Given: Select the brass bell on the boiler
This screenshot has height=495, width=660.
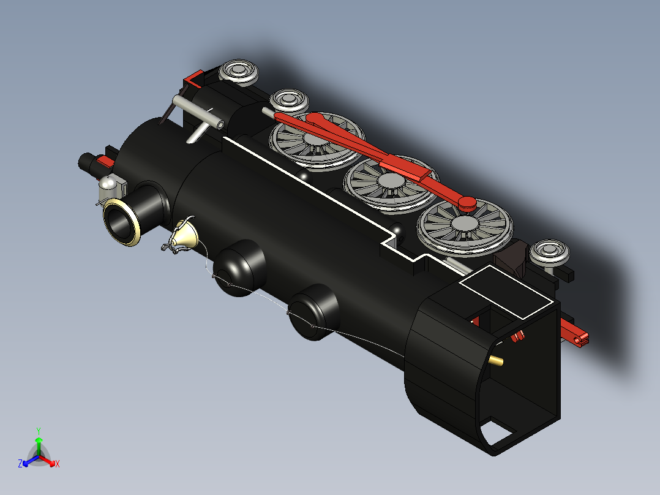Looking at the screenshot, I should click(x=184, y=236).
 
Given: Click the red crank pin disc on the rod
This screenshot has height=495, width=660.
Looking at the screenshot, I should click(x=468, y=202).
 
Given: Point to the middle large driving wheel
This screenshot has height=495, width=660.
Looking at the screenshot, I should click(x=389, y=182).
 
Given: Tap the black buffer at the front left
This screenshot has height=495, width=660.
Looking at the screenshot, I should click(x=86, y=162).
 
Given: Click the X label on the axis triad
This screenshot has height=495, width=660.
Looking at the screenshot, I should click(x=58, y=464).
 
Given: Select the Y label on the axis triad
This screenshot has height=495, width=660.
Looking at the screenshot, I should click(x=39, y=431).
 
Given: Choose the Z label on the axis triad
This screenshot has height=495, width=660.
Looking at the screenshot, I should click(x=20, y=464).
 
